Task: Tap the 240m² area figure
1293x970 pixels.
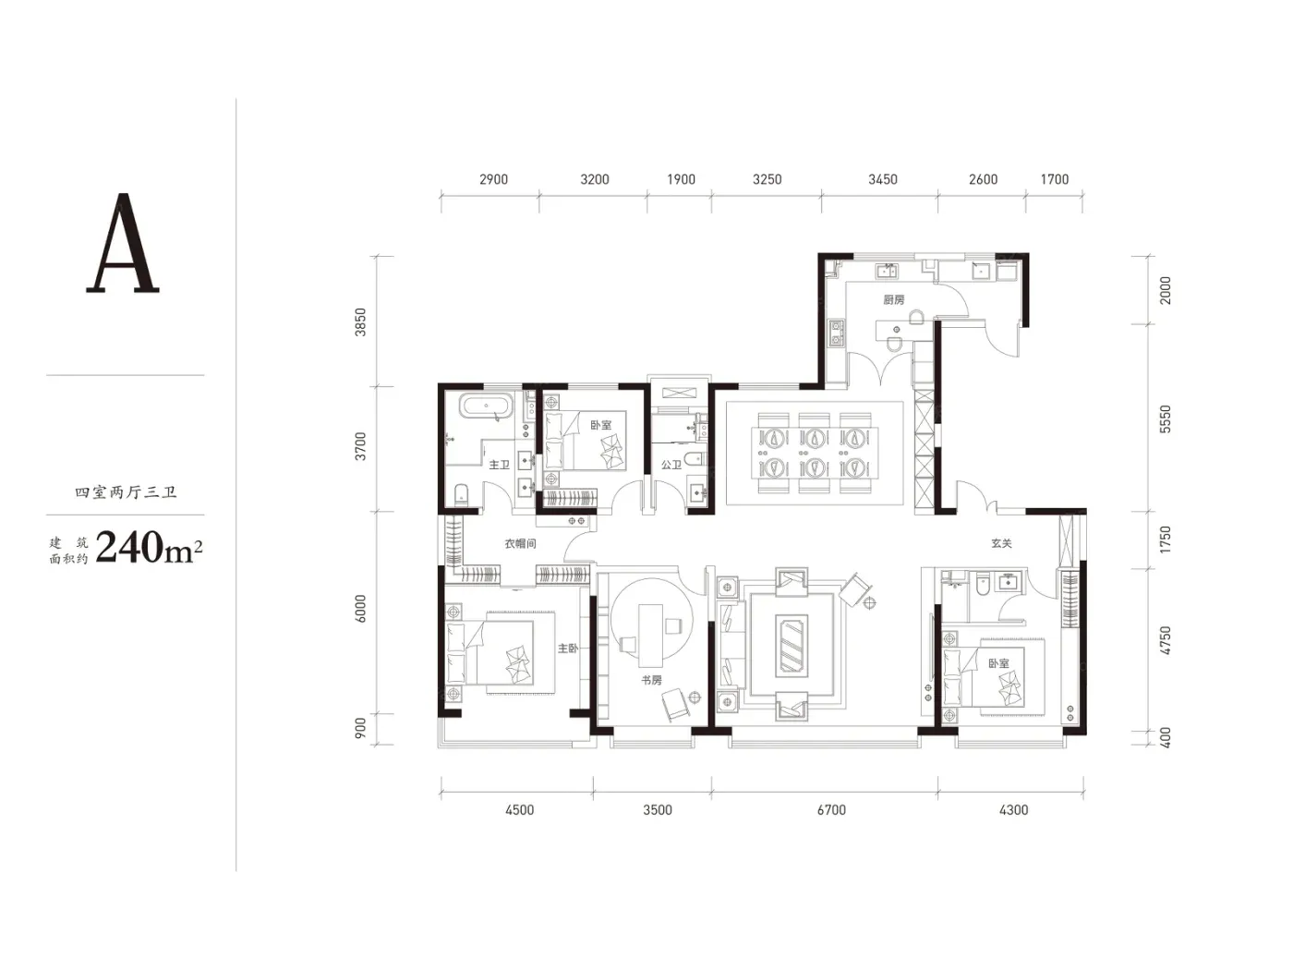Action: pyautogui.click(x=149, y=547)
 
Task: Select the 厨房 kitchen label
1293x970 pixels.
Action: pyautogui.click(x=893, y=299)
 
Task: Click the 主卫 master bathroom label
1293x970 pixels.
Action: pyautogui.click(x=499, y=465)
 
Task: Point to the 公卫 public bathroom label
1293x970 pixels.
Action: pyautogui.click(x=671, y=465)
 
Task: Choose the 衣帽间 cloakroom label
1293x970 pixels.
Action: pyautogui.click(x=520, y=543)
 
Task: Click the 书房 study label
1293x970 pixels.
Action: pyautogui.click(x=651, y=680)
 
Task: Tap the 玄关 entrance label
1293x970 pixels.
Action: pyautogui.click(x=1001, y=543)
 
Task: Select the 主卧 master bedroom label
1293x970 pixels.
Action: pyautogui.click(x=568, y=649)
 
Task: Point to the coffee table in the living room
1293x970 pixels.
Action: pyautogui.click(x=791, y=643)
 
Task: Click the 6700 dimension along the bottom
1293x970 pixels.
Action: pyautogui.click(x=831, y=810)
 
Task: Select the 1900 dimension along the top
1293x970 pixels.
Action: pyautogui.click(x=681, y=179)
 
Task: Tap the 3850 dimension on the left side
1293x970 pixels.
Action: pyautogui.click(x=360, y=322)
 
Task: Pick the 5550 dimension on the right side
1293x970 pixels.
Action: pyautogui.click(x=1166, y=419)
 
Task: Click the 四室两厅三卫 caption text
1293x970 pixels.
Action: pyautogui.click(x=126, y=492)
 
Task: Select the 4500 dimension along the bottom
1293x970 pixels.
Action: pyautogui.click(x=520, y=810)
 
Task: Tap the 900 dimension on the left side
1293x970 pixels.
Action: pyautogui.click(x=360, y=728)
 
